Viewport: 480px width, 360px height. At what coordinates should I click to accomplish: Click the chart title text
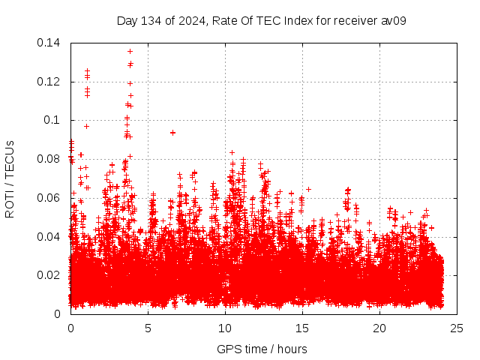point(262,20)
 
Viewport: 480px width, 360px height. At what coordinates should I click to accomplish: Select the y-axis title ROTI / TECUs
point(10,178)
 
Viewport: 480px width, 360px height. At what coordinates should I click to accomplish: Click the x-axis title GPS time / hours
point(262,349)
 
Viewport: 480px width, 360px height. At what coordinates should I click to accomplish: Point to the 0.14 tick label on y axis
point(49,43)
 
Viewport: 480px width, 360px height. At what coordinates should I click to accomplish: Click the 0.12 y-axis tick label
point(49,82)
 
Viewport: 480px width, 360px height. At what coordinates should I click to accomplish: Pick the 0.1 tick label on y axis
point(52,120)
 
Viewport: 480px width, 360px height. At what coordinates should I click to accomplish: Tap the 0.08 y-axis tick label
point(49,159)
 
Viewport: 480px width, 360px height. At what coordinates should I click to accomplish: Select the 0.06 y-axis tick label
point(49,198)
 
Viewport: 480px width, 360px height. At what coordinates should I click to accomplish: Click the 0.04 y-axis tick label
point(49,237)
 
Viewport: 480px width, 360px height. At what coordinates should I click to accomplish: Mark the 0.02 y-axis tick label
point(49,275)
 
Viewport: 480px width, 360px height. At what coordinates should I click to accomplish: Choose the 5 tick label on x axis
point(148,328)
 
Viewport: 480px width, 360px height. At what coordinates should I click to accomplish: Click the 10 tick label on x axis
point(225,328)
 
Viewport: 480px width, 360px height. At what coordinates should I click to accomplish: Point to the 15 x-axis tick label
point(302,328)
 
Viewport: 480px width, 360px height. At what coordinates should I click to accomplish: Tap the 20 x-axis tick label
point(379,328)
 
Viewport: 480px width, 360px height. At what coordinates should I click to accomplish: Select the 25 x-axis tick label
point(457,328)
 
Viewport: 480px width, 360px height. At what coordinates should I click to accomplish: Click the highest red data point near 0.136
point(130,52)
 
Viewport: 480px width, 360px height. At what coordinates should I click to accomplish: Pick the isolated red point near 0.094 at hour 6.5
point(172,133)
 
